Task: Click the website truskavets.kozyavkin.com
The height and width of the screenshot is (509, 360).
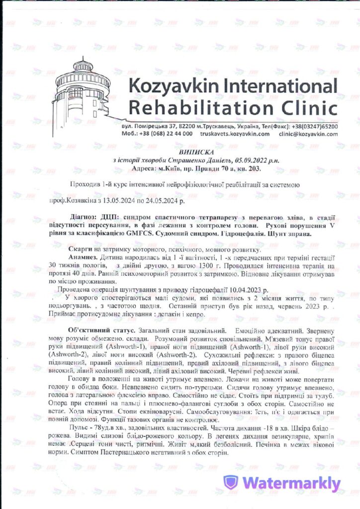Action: point(235,134)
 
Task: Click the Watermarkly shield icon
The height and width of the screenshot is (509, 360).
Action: point(230,482)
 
